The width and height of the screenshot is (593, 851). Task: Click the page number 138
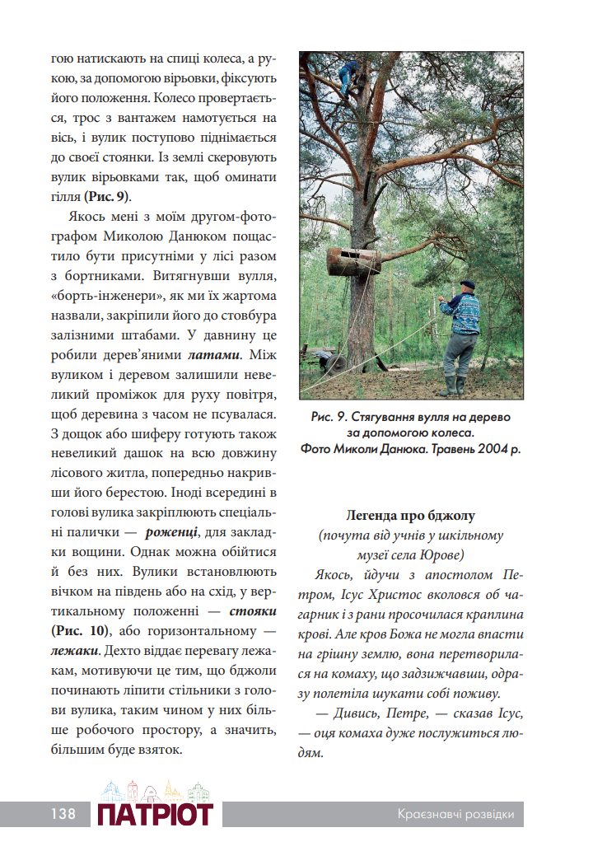tap(62, 814)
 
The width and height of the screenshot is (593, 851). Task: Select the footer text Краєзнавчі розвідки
tap(455, 814)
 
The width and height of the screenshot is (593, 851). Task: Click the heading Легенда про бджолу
tap(411, 516)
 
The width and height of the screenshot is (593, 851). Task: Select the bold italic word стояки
tap(252, 610)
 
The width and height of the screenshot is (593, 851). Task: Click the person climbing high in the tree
tap(349, 77)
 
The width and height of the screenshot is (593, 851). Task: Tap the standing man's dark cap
tap(467, 284)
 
